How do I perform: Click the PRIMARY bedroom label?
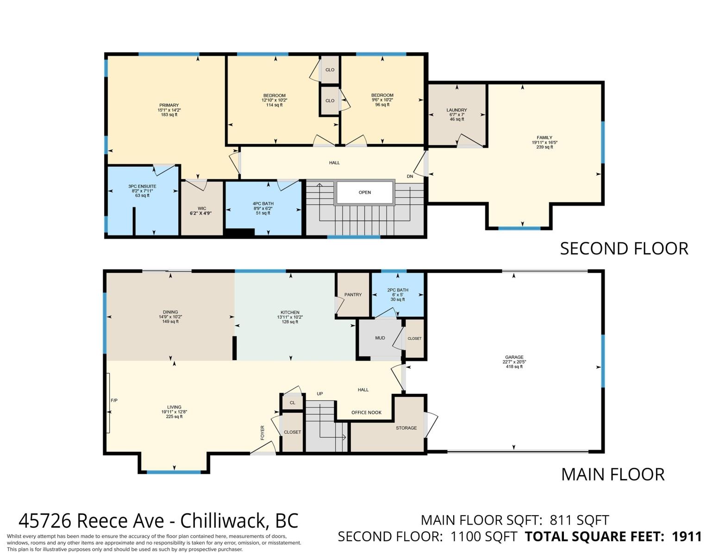[x=169, y=105]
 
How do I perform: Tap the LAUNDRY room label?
[x=456, y=110]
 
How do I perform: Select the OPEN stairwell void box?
[x=364, y=192]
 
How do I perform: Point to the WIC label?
[x=202, y=208]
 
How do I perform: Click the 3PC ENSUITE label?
[x=142, y=186]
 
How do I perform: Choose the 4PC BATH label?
[x=263, y=204]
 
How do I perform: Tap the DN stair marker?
[x=410, y=177]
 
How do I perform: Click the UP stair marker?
[x=319, y=394]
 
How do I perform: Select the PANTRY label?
[x=353, y=294]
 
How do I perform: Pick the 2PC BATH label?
[x=398, y=290]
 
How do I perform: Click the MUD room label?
[x=380, y=338]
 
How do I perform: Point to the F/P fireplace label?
[x=114, y=400]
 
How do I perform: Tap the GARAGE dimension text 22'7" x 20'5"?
[x=514, y=362]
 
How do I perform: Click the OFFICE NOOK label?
[x=366, y=413]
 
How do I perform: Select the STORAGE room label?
[x=406, y=428]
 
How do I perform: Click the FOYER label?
[x=263, y=433]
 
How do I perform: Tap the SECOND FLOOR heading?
[x=624, y=249]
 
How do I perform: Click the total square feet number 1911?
[x=687, y=537]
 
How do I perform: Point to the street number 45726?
[x=44, y=521]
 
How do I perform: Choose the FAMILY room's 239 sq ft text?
[x=544, y=147]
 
